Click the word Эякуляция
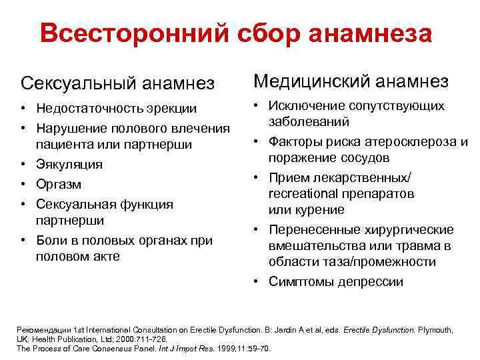click(x=69, y=164)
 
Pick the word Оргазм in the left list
click(x=59, y=184)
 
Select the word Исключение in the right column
click(x=305, y=106)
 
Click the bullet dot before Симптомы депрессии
click(x=257, y=281)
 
